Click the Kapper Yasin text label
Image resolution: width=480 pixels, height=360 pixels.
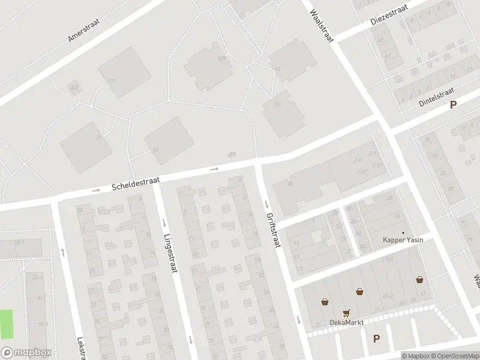coord(403,241)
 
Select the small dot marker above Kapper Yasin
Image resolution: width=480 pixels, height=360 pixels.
coord(403,233)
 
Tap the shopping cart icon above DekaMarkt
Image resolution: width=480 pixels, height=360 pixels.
coord(346,313)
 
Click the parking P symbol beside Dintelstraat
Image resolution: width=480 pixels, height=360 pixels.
coord(454,104)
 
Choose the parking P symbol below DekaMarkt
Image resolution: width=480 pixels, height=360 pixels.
coord(376,338)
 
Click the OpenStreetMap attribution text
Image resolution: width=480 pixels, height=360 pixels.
coord(454,356)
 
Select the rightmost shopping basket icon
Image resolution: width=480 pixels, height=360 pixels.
coord(420,280)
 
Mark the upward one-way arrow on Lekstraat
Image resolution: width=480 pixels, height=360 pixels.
coord(62,251)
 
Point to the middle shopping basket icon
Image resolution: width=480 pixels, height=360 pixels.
coord(359,292)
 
